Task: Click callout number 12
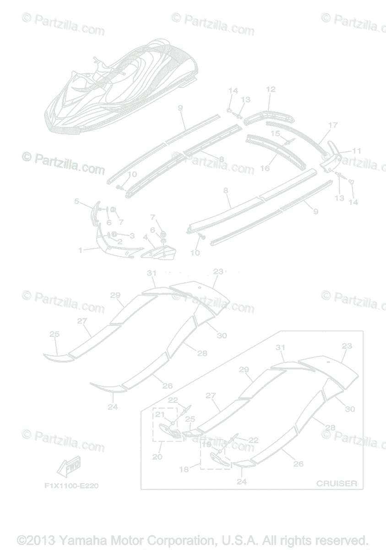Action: click(271, 89)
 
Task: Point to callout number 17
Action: click(333, 125)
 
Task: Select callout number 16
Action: click(265, 168)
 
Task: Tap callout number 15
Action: click(275, 133)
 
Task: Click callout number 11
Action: click(357, 150)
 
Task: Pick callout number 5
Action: click(77, 201)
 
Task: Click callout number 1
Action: click(81, 250)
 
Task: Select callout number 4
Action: click(145, 237)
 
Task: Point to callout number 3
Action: click(131, 236)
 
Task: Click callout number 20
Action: click(157, 456)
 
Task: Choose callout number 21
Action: click(159, 414)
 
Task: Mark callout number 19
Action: click(206, 444)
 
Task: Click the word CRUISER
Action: click(337, 483)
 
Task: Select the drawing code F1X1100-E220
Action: click(71, 485)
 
